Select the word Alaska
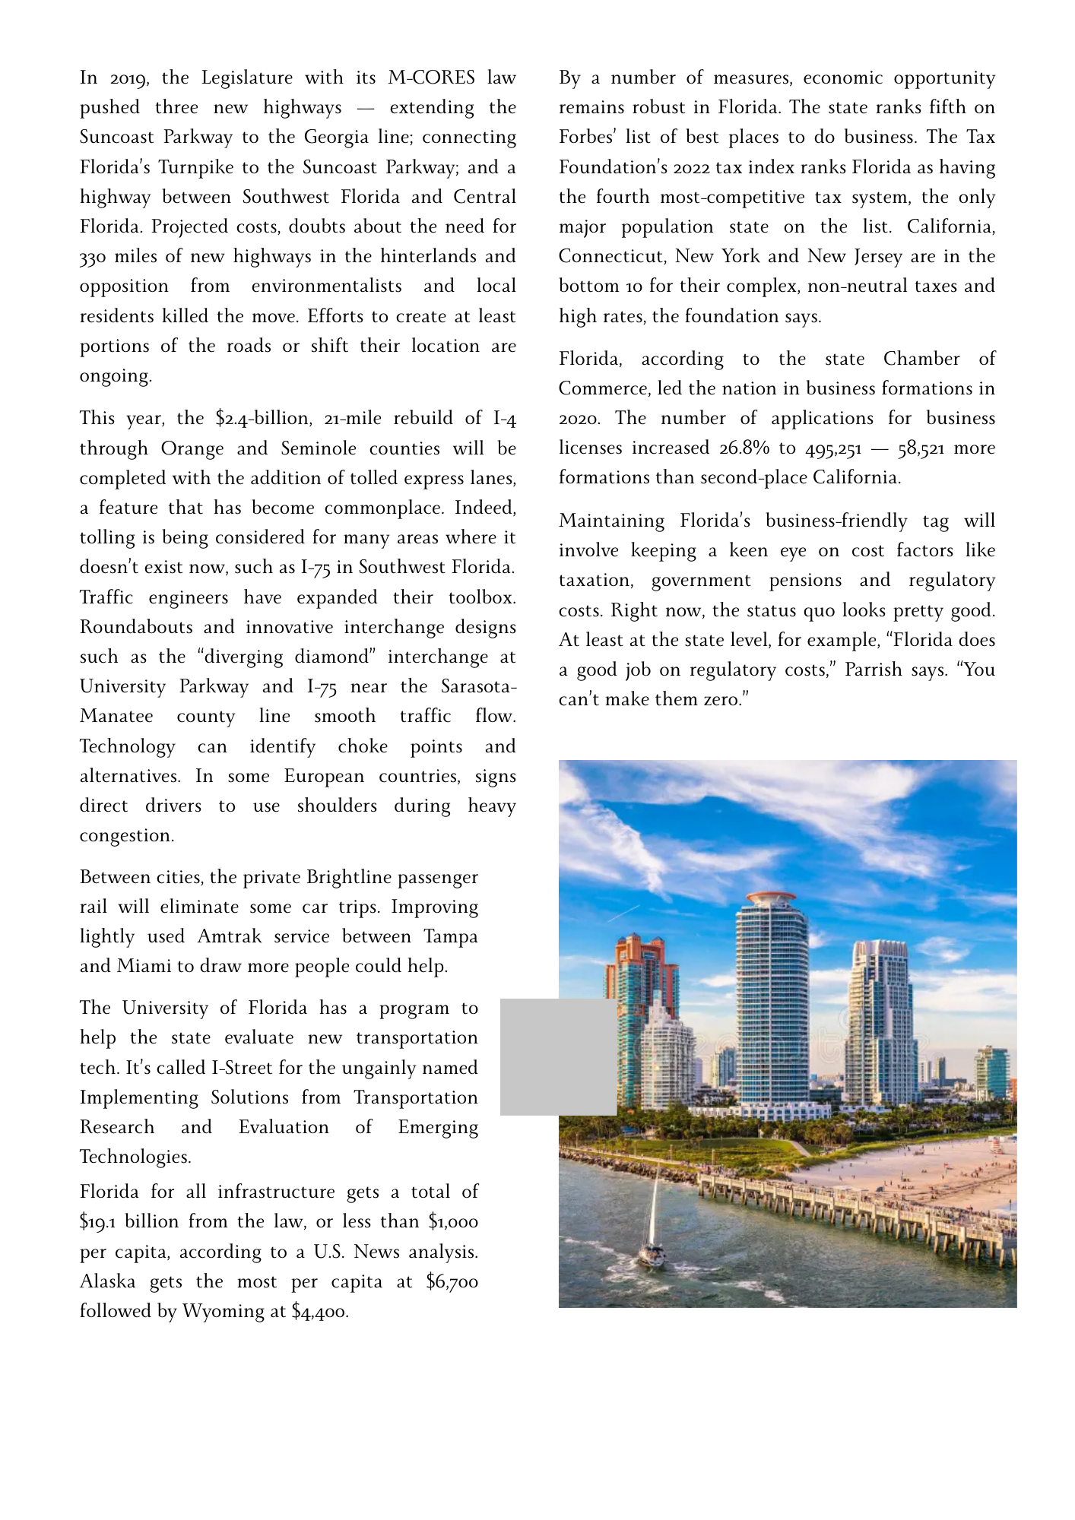point(107,1282)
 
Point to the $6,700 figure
point(452,1282)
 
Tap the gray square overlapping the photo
point(558,1057)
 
